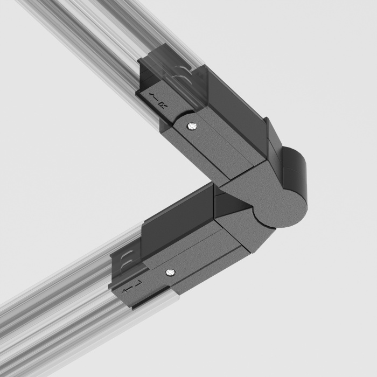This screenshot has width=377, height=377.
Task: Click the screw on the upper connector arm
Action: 193,126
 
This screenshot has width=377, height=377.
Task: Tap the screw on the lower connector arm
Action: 170,273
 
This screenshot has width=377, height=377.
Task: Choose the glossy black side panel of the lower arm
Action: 172,218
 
